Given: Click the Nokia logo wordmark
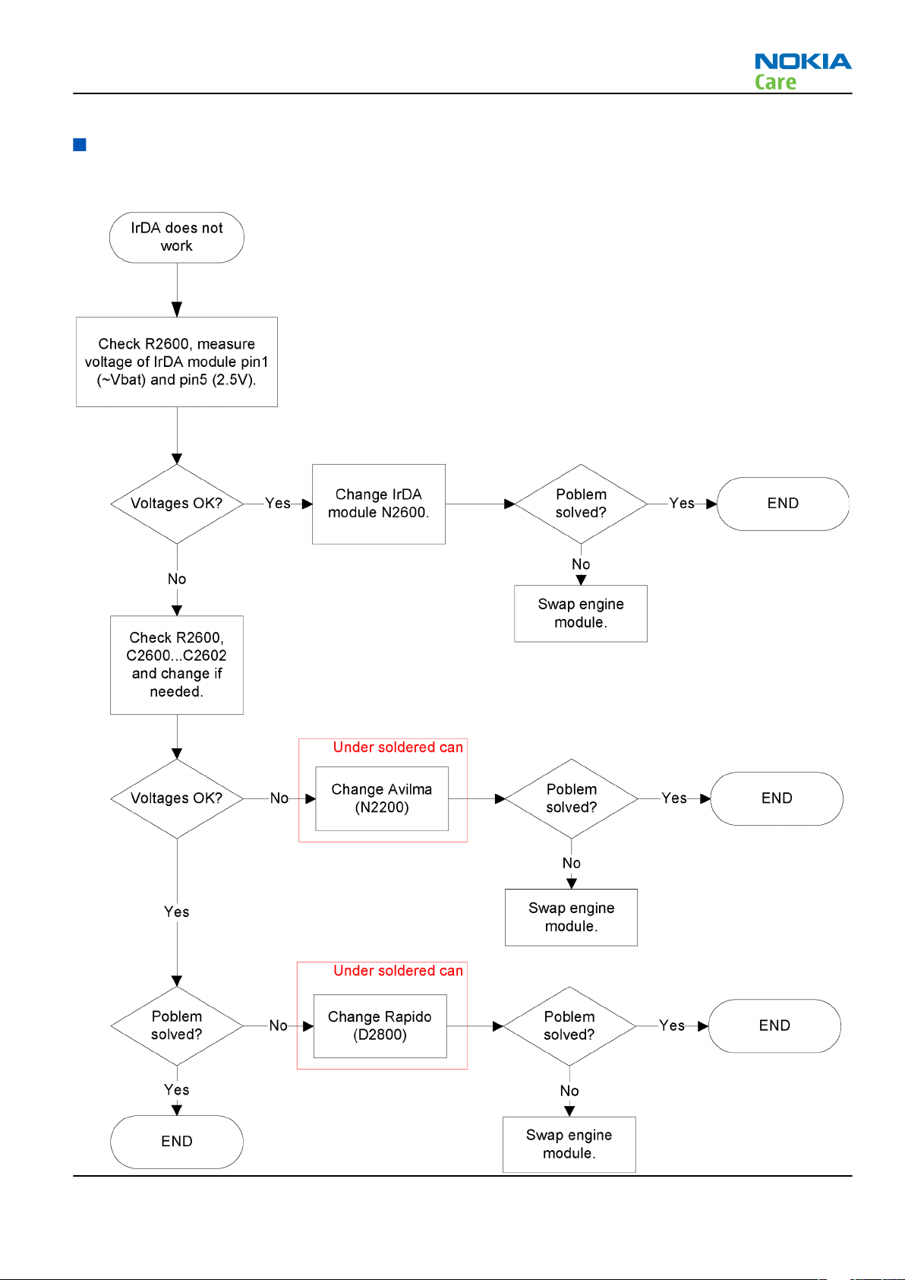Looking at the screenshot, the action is click(x=803, y=61).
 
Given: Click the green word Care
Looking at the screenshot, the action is click(x=775, y=82).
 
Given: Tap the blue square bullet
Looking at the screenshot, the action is click(x=80, y=144).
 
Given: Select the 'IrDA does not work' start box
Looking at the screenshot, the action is click(x=177, y=237).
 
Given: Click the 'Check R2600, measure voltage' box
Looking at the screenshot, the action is click(x=177, y=362).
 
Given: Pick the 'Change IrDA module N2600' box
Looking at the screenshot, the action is click(x=379, y=504).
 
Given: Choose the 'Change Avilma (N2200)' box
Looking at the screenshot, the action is click(x=382, y=798).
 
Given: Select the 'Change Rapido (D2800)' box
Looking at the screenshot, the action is click(x=380, y=1026).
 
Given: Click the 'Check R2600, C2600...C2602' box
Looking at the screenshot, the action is click(x=177, y=665).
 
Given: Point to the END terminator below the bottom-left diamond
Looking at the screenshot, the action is click(x=177, y=1141).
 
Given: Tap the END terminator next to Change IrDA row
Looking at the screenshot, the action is click(x=783, y=504).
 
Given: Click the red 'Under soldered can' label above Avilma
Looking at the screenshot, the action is click(x=398, y=747).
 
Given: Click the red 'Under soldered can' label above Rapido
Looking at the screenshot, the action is click(x=398, y=970).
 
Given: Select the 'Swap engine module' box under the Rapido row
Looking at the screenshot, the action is click(x=569, y=1144).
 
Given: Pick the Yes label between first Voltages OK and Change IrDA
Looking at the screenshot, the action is click(x=277, y=503).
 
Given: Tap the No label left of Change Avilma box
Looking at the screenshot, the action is click(x=279, y=798).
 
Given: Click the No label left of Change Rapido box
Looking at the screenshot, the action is click(x=278, y=1026).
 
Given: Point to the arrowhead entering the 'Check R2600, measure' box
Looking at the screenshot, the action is click(x=177, y=310).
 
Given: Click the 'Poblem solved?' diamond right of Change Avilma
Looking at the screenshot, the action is click(x=572, y=798).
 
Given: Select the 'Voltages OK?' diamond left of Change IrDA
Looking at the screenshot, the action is click(x=177, y=504).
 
